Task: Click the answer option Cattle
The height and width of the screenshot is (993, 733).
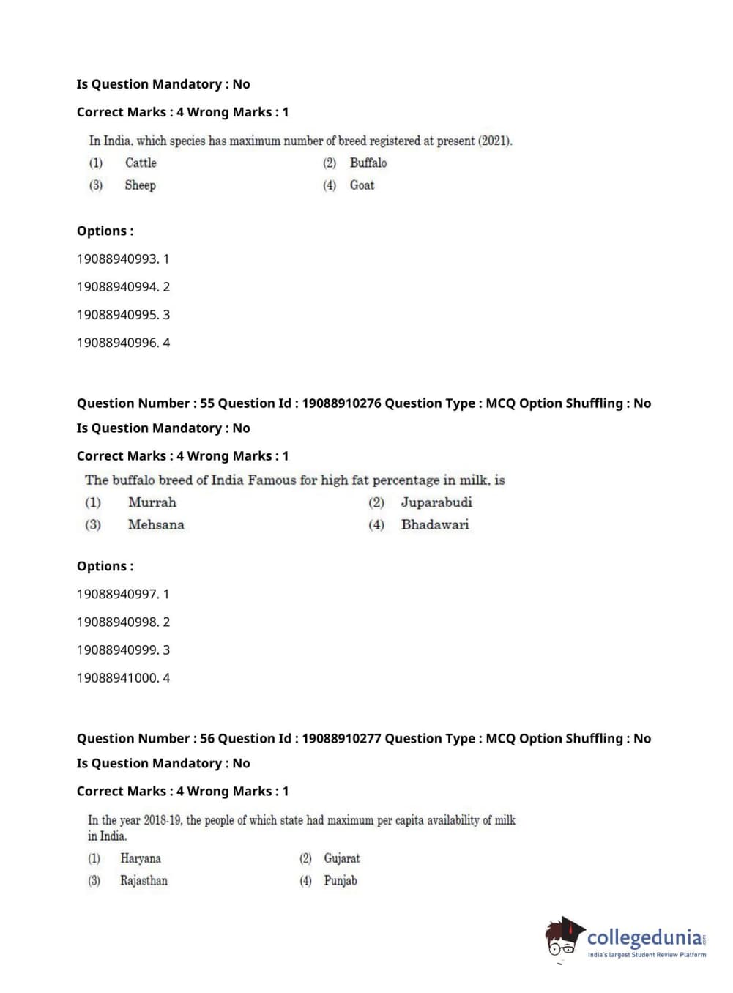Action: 141,163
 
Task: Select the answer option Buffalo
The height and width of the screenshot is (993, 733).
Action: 368,163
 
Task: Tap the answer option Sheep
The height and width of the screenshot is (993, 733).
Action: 140,185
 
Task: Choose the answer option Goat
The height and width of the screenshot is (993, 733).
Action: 362,185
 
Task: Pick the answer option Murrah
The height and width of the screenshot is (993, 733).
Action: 152,502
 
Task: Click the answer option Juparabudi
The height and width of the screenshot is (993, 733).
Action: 436,502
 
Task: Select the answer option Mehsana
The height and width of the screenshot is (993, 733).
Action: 156,524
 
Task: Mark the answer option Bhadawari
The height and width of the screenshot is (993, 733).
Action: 435,524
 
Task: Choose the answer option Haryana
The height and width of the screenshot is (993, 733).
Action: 141,858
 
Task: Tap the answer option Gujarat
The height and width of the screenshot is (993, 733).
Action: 342,858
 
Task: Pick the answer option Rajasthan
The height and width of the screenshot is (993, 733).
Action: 144,880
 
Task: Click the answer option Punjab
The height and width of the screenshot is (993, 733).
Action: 341,880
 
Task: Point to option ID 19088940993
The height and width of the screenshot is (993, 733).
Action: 117,259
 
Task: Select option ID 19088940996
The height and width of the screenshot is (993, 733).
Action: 117,343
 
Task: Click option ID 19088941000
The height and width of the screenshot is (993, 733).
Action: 117,678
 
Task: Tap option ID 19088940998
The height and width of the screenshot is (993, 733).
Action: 117,622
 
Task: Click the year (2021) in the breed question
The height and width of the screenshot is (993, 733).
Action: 495,141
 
